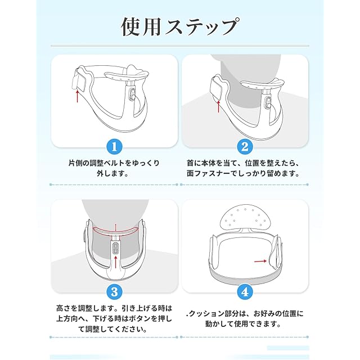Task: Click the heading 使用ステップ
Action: pos(179,26)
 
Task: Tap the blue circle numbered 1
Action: pos(114,146)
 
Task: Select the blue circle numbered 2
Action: pos(245,146)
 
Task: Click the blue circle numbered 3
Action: pos(114,292)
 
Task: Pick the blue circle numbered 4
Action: pos(245,292)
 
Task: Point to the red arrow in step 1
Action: pos(78,96)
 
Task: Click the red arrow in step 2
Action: pos(219,106)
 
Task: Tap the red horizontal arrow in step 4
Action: pos(260,261)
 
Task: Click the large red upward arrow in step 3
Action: pos(115,262)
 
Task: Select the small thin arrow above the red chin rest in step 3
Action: pos(115,227)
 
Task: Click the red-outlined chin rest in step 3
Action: pos(115,231)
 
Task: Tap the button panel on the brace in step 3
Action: pos(115,248)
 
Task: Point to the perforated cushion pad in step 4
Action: pos(245,218)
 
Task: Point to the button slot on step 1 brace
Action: pos(133,94)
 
